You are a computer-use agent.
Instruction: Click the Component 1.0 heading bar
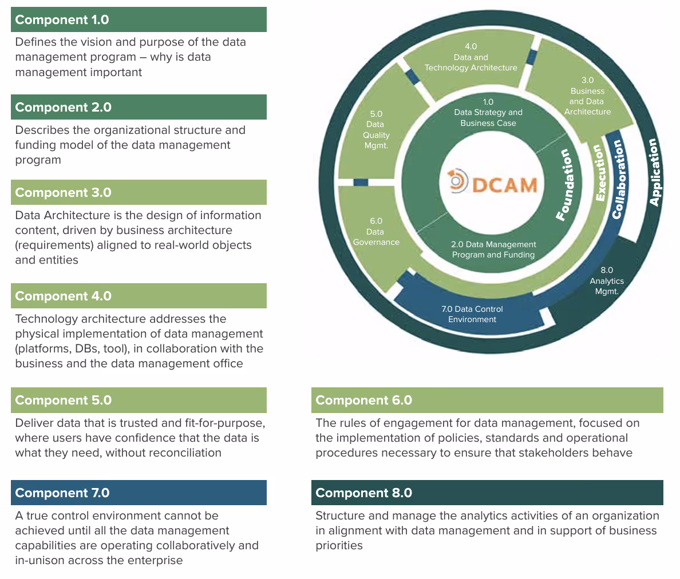click(139, 19)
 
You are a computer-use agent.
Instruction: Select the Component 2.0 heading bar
click(139, 107)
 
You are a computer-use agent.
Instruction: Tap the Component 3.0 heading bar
click(139, 192)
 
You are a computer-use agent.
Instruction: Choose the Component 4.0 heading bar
click(139, 296)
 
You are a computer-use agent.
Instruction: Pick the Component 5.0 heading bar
click(139, 400)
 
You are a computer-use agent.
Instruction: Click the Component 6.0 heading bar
click(487, 400)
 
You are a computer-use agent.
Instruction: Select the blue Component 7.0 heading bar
click(139, 493)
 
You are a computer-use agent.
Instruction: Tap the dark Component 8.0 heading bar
click(487, 493)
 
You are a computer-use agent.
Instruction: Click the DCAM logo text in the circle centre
click(505, 184)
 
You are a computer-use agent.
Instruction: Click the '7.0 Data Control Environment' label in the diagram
click(472, 314)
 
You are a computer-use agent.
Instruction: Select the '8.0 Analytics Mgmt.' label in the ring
click(607, 280)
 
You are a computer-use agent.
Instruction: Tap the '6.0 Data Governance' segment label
click(376, 232)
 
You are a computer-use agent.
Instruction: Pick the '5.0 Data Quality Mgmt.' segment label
click(376, 130)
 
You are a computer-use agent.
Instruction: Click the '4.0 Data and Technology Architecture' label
click(471, 57)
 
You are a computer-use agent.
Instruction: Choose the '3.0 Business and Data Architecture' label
click(587, 96)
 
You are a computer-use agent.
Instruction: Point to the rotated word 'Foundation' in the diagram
click(566, 184)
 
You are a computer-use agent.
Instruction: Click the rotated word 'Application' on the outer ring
click(655, 172)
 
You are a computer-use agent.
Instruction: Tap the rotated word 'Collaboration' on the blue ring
click(618, 179)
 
